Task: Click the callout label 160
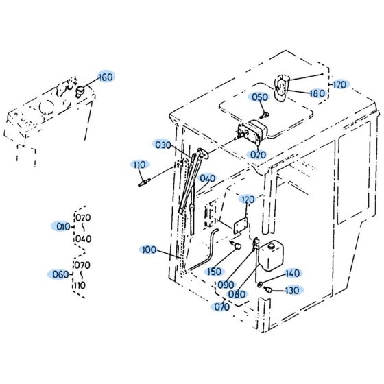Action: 105,77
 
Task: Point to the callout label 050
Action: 259,97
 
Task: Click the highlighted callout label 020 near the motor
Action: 258,155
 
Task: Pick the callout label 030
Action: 163,145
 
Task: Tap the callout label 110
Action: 140,165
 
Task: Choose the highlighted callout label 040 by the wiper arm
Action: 207,178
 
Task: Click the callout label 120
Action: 247,200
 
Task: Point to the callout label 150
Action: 213,272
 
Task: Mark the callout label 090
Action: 224,285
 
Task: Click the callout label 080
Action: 237,295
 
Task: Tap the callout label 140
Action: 291,273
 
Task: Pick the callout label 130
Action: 291,290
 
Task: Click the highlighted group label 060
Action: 60,274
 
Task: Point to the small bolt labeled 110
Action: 145,182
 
